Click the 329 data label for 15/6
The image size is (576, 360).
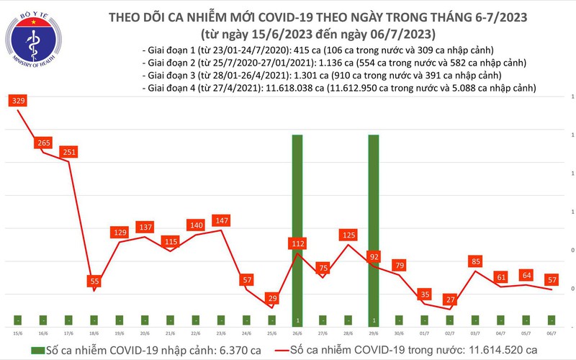tap(17, 102)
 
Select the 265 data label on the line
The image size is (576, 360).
tap(42, 143)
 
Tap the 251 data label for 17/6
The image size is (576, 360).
tap(68, 152)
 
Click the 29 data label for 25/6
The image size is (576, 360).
tap(272, 298)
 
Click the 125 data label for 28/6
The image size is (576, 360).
tap(348, 235)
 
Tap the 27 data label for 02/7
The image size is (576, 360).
tap(451, 300)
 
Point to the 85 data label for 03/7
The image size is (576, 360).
tap(476, 261)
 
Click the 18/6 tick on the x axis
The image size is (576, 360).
tap(94, 333)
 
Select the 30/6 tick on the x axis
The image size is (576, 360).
tap(400, 333)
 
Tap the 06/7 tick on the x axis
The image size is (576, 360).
tap(552, 333)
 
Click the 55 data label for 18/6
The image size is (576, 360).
tap(94, 281)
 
